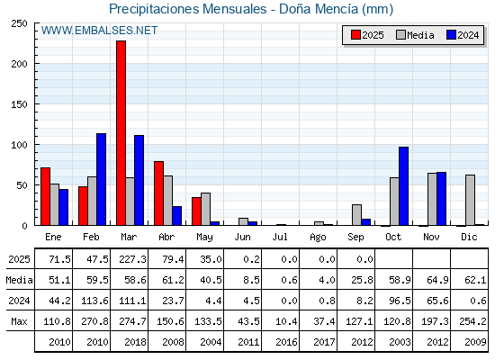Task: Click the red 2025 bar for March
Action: (121, 133)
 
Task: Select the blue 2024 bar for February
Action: (101, 179)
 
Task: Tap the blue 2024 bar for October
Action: (404, 186)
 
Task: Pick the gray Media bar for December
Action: (470, 200)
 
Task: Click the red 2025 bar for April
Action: (158, 193)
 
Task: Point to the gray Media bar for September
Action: (356, 215)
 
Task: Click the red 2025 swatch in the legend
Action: (355, 35)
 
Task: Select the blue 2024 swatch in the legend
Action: (451, 35)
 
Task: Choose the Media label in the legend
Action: (420, 35)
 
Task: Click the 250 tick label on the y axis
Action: (19, 23)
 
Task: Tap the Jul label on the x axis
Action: (280, 237)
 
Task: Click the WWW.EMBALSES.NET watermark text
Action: (99, 31)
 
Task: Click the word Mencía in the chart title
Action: (337, 9)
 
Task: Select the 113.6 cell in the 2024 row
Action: (94, 301)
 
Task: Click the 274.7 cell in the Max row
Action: (132, 321)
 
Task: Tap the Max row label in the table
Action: (19, 321)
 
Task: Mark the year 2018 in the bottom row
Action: (135, 342)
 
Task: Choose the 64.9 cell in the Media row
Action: (437, 280)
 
